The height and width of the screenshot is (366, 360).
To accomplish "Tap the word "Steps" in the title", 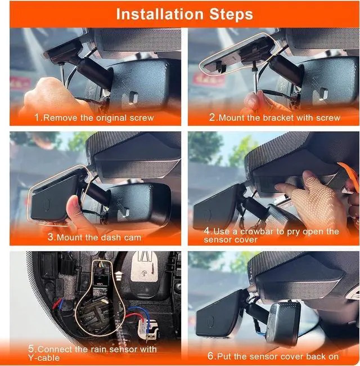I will point(228,14).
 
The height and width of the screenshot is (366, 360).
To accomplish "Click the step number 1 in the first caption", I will point(37,118).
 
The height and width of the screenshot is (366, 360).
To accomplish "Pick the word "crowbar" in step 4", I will point(251,231).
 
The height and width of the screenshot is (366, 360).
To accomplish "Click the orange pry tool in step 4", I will point(344,172).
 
